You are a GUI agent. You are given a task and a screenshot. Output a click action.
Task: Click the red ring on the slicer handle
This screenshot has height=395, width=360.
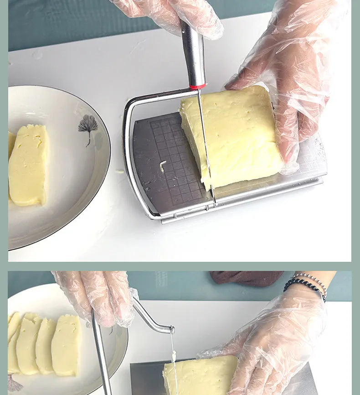tap(198, 86)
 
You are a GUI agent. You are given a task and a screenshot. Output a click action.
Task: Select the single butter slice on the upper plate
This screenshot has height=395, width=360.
tap(28, 165)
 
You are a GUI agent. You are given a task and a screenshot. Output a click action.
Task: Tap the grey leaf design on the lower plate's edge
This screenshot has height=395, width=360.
tap(14, 384)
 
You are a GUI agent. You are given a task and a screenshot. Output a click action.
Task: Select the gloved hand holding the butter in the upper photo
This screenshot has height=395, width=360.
tap(287, 82)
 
